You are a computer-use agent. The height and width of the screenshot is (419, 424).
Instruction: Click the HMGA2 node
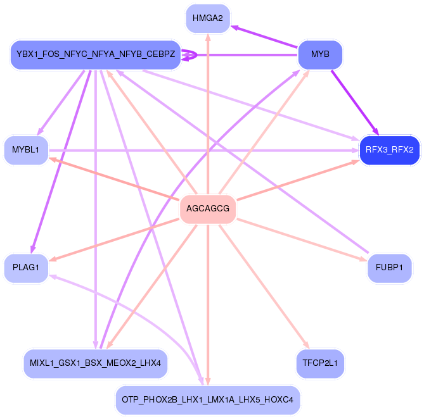[208, 18]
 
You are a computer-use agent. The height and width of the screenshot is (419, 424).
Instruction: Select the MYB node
[321, 54]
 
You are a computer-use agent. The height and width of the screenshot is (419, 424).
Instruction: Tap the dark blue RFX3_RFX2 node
[389, 150]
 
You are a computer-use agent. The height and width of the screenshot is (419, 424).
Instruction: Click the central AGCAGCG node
[208, 209]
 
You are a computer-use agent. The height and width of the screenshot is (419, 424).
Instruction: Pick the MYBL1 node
[26, 150]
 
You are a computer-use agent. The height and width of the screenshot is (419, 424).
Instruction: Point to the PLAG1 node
[26, 268]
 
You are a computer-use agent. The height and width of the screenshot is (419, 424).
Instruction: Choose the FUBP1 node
[389, 268]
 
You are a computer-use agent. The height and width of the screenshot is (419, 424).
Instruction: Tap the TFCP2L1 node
[321, 363]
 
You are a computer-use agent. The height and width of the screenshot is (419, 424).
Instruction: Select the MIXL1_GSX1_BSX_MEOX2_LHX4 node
[95, 363]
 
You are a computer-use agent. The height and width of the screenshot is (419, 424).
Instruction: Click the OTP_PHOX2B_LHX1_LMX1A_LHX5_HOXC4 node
[208, 400]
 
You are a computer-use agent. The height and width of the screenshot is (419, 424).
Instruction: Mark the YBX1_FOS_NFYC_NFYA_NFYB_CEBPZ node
[95, 54]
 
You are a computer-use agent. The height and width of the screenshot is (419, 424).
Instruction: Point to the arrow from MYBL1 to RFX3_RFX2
[203, 150]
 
